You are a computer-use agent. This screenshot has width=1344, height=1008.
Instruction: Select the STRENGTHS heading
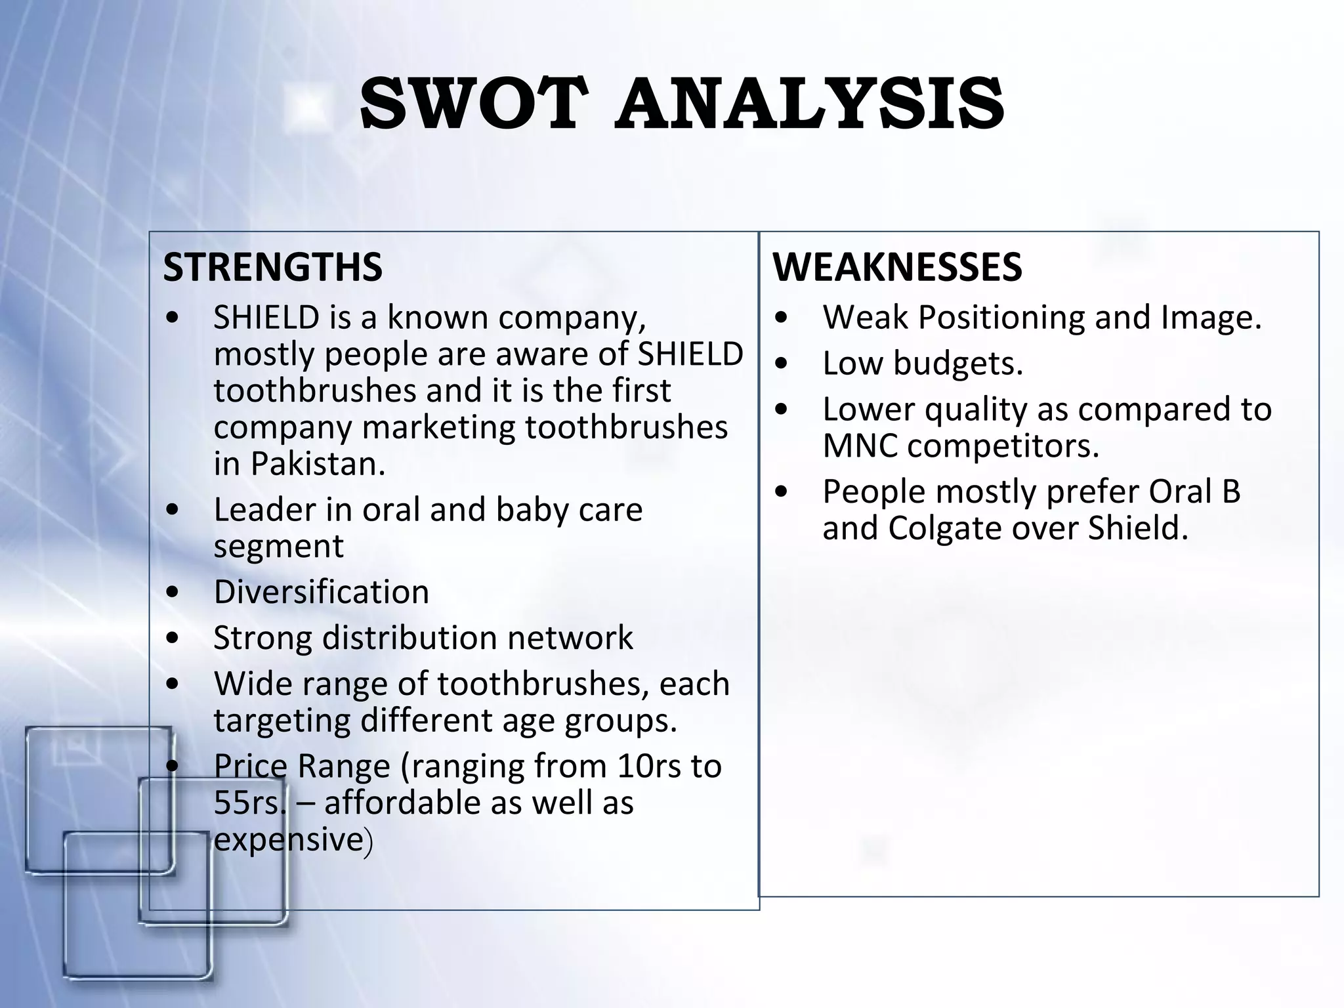point(272,267)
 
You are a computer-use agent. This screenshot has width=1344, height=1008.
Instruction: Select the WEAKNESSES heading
point(897,267)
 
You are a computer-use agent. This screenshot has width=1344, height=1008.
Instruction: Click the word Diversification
point(321,592)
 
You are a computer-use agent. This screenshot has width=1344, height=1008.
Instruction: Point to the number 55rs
point(249,803)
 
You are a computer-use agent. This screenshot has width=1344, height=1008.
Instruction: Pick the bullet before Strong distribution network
point(173,638)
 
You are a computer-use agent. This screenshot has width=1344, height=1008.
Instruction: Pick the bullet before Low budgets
point(780,364)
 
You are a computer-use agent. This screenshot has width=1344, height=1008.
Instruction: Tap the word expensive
point(288,840)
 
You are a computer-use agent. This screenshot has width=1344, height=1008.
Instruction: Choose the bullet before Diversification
point(173,592)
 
